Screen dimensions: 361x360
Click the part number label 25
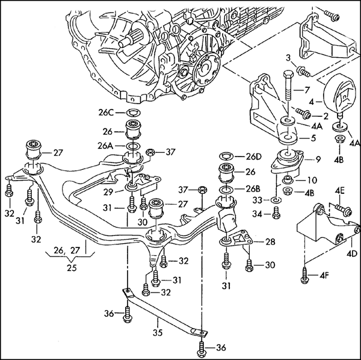click(72, 268)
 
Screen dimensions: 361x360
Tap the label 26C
click(106, 113)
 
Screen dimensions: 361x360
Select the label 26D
click(254, 157)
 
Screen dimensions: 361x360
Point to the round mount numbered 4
click(338, 95)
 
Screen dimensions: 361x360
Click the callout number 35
click(158, 332)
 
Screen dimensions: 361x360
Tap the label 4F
click(324, 275)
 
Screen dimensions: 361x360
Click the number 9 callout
click(318, 159)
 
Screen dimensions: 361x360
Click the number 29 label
click(108, 192)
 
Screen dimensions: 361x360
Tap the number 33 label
click(257, 200)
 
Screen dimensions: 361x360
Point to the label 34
click(257, 214)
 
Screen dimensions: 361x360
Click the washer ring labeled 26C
click(134, 113)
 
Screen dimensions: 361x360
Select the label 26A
click(105, 146)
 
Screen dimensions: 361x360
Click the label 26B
click(253, 189)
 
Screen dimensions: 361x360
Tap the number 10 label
click(312, 180)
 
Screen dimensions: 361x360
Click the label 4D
click(352, 253)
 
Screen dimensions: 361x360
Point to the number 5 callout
click(313, 138)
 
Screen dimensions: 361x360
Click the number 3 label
click(288, 58)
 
